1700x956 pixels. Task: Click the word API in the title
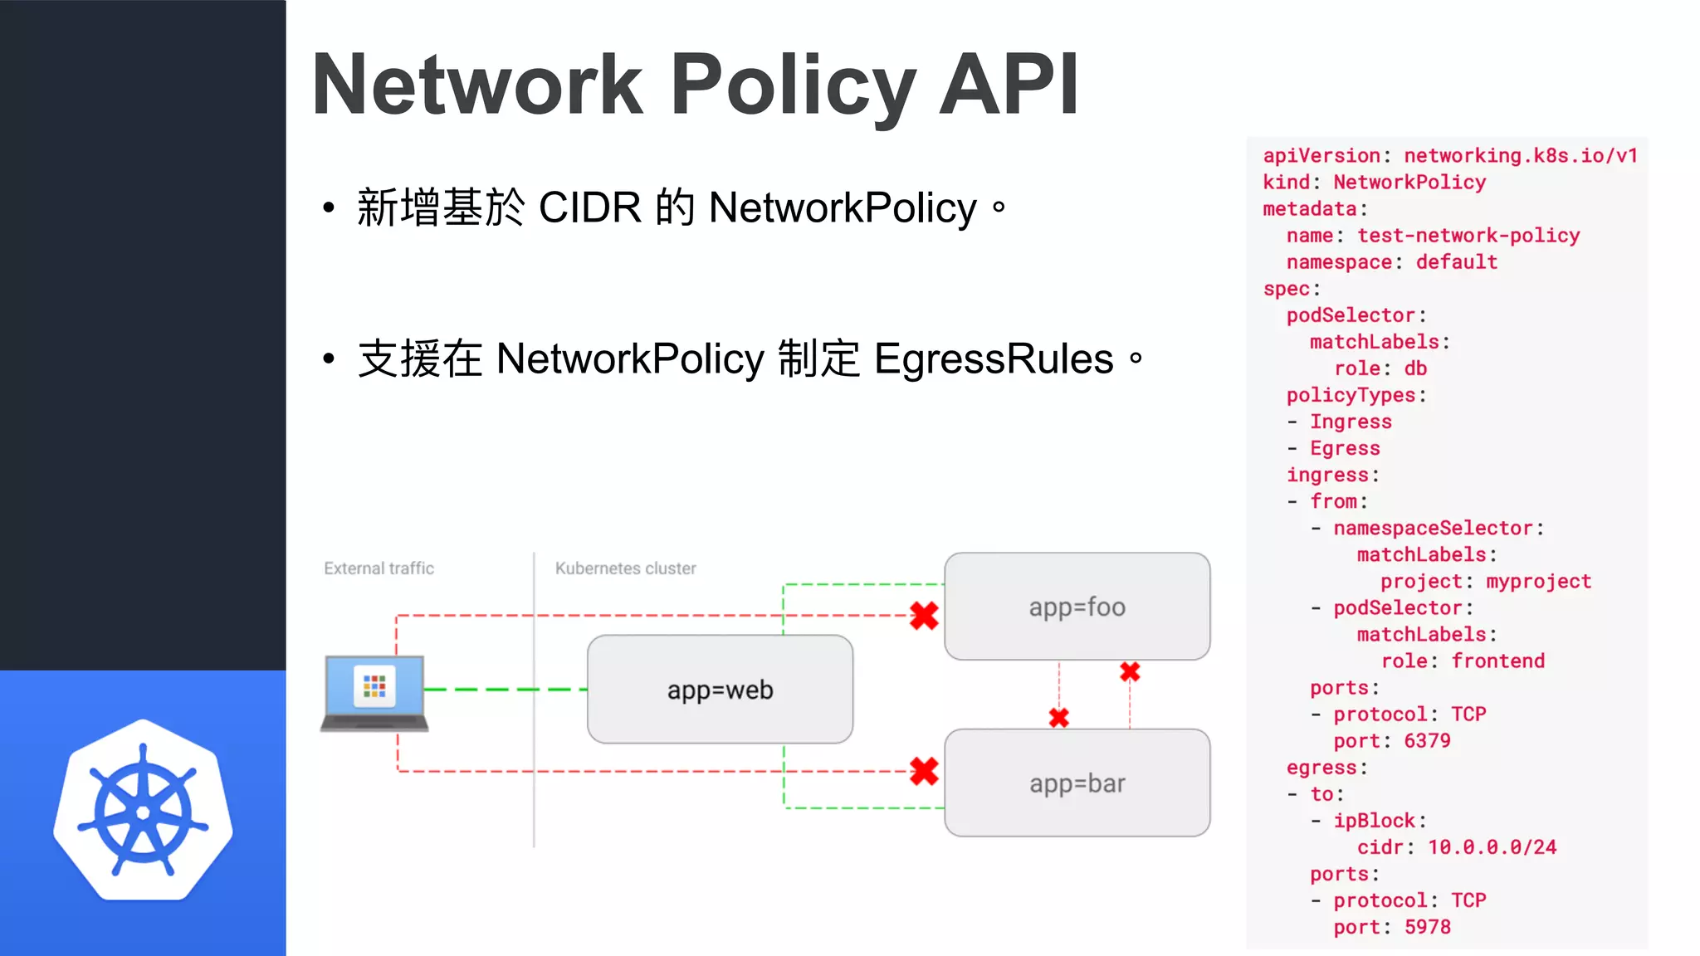1009,85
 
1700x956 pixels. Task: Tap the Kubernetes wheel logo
143,812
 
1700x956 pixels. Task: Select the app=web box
720,690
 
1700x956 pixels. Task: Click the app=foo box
1077,607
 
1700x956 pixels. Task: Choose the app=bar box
1077,783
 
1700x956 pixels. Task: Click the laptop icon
374,692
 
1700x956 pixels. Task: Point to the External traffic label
379,568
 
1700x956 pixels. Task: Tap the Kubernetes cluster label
625,568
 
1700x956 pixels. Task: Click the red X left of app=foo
924,616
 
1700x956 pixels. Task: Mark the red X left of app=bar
924,771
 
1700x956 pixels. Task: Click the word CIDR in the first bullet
589,207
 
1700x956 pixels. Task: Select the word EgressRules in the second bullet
993,359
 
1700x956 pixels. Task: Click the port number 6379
1427,741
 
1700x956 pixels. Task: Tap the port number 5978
1427,927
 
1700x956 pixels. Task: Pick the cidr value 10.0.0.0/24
1492,847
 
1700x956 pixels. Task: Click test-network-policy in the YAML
1468,236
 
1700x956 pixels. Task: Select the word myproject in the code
1538,582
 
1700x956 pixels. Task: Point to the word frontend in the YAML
1497,661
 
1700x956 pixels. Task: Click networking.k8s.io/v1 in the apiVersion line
1520,156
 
